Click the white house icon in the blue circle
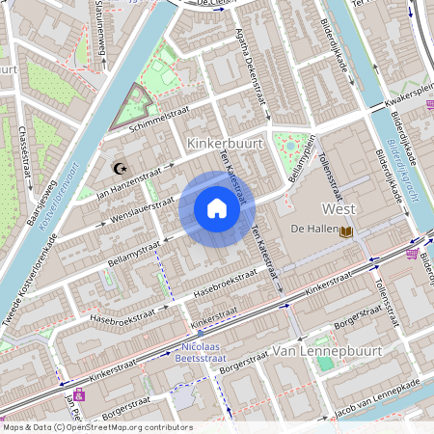pyautogui.click(x=217, y=208)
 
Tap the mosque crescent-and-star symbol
pyautogui.click(x=121, y=168)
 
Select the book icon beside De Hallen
pyautogui.click(x=346, y=231)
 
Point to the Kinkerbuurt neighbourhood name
pyautogui.click(x=224, y=143)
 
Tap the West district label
pyautogui.click(x=339, y=208)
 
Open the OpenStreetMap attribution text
pyautogui.click(x=97, y=426)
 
